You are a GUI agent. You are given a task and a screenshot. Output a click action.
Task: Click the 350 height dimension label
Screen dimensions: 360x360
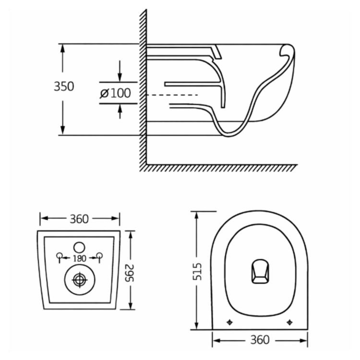click(x=63, y=87)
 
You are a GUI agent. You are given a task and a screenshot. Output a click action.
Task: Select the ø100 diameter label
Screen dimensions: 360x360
click(x=115, y=93)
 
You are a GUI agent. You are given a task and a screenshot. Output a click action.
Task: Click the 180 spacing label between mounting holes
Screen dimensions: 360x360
click(x=80, y=258)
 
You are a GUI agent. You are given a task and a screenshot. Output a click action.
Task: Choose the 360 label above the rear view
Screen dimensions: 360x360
click(x=79, y=219)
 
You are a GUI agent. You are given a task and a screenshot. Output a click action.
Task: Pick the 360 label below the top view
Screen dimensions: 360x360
click(x=259, y=340)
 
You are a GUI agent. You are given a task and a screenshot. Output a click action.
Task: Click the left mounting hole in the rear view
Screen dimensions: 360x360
click(x=59, y=255)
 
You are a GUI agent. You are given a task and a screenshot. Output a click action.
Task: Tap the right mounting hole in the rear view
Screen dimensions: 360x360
click(x=100, y=255)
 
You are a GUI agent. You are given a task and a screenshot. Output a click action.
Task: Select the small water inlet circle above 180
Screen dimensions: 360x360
click(x=80, y=247)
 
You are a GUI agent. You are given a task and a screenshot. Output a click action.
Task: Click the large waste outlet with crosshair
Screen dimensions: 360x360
click(x=79, y=279)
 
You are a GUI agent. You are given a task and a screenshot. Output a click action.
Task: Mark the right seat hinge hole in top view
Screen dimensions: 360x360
click(x=289, y=322)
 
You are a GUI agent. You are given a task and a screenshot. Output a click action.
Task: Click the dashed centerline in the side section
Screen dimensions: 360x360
click(x=173, y=95)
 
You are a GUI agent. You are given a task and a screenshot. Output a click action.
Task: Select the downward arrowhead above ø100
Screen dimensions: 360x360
click(x=120, y=78)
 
